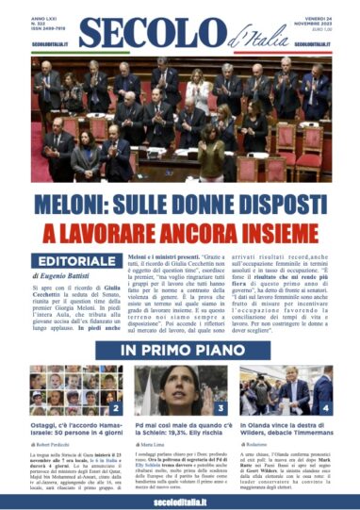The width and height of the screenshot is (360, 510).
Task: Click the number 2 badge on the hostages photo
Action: (x=116, y=409)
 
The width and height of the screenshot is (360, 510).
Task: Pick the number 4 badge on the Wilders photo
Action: (x=326, y=409)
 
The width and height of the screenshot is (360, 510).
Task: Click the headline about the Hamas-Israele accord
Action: (x=74, y=431)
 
